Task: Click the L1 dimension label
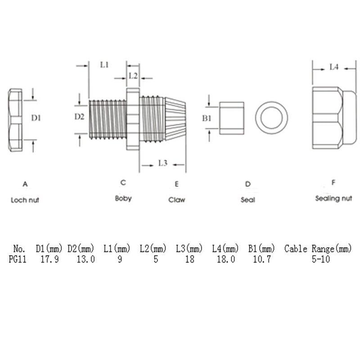coord(104,65)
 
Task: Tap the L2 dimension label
coord(133,76)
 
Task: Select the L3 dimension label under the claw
coord(163,163)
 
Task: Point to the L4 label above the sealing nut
coord(334,67)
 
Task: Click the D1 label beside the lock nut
coord(36,118)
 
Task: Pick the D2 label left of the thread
coord(80,117)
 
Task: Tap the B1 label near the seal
coord(207,118)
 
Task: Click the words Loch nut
coord(25,200)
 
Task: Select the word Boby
coord(123,198)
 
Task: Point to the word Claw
coord(177,200)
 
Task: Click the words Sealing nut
coord(333,198)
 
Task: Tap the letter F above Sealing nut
coord(333,183)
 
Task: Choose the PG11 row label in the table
coord(18,259)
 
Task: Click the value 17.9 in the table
coord(49,259)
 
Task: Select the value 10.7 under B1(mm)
coord(262,259)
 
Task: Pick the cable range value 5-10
coord(321,259)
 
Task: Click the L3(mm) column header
coord(189,249)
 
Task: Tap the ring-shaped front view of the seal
coord(272,118)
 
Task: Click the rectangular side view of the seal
coord(232,118)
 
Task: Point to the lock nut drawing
coord(15,120)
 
